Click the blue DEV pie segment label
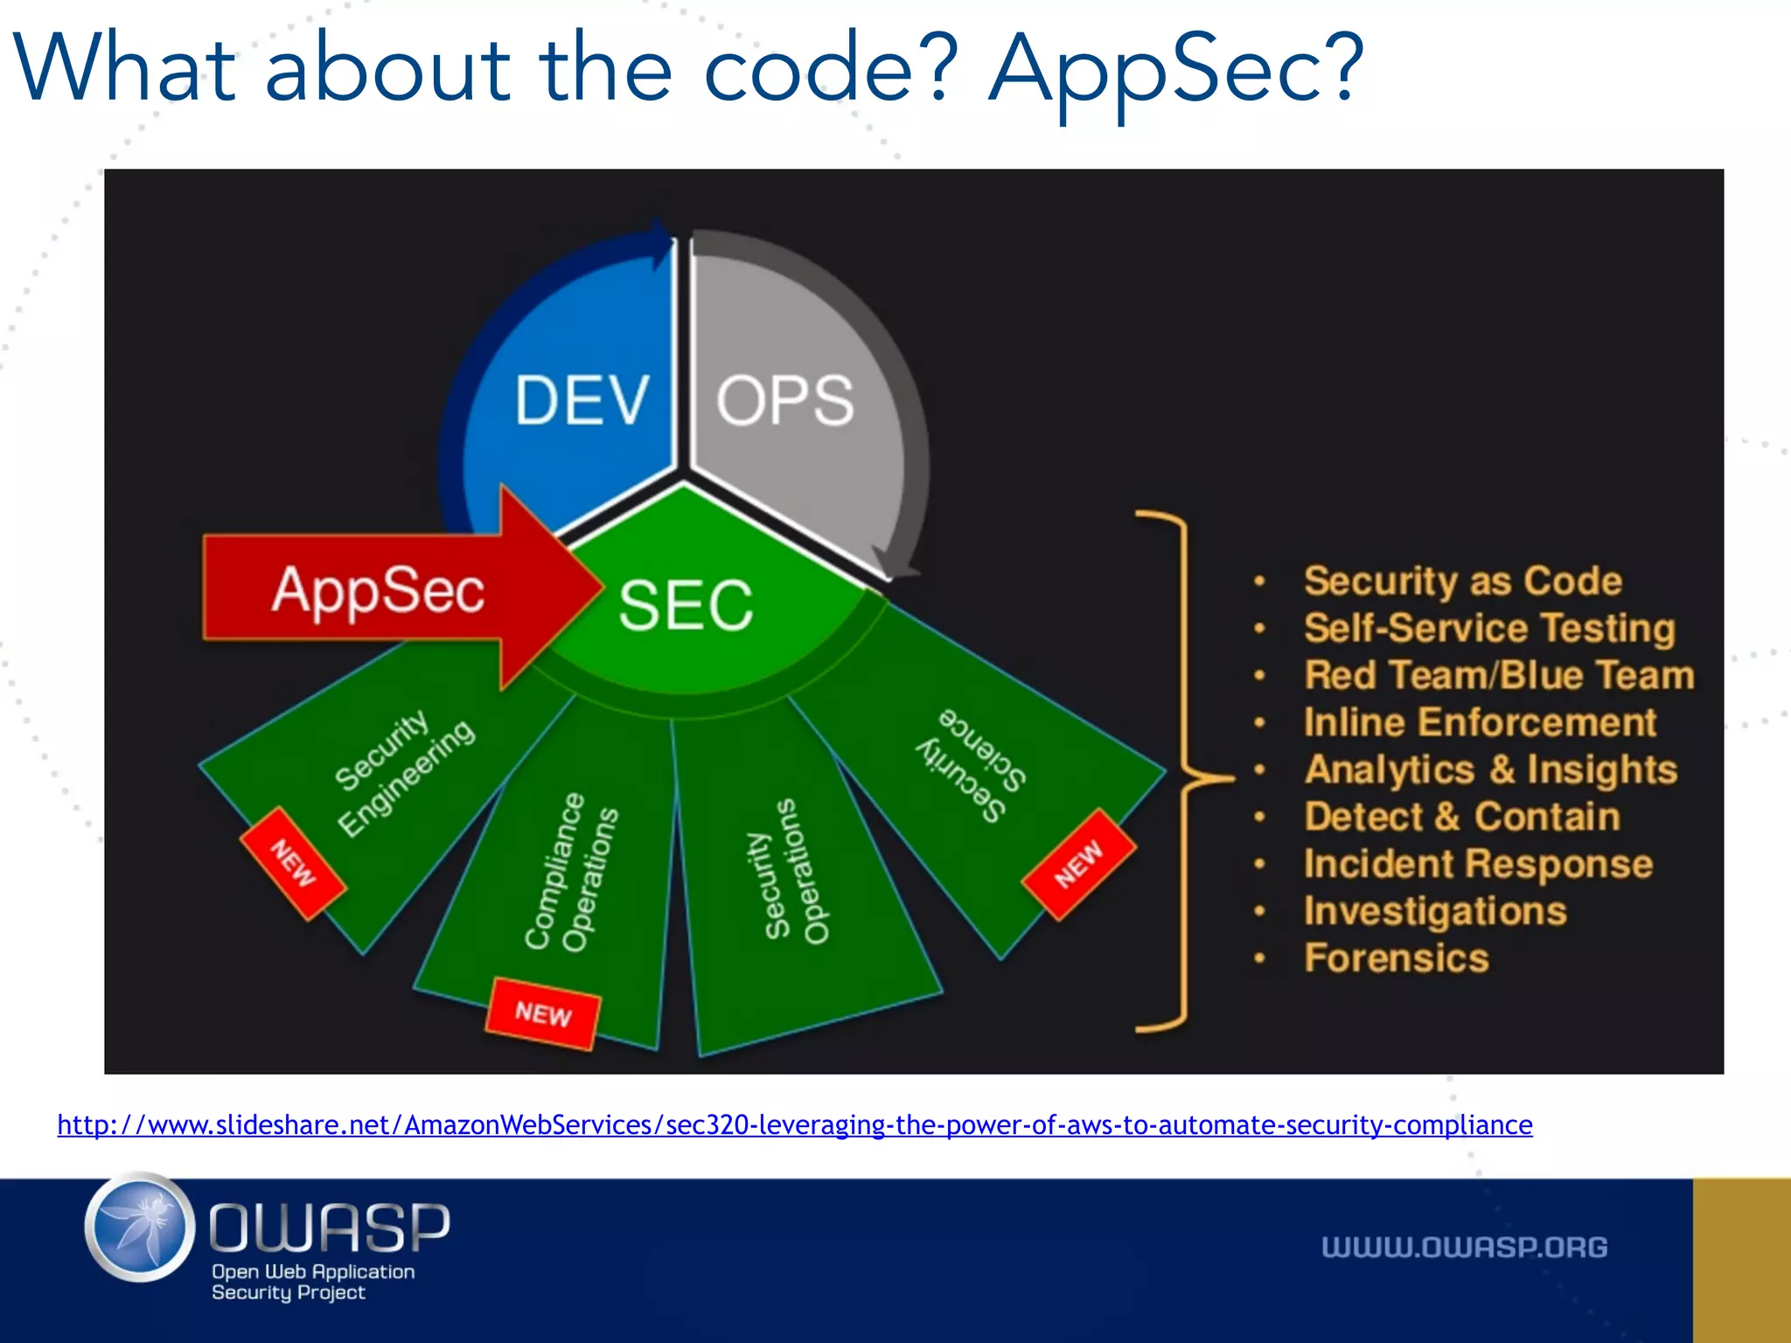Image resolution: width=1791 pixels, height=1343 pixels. pos(582,400)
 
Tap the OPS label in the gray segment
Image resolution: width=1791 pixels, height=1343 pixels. pos(784,400)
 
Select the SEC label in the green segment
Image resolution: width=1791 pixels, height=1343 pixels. pos(686,605)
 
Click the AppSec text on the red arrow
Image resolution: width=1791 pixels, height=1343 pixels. pos(378,590)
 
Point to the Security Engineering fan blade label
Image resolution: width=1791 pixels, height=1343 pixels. pos(403,771)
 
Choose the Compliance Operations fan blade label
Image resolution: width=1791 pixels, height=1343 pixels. pos(571,872)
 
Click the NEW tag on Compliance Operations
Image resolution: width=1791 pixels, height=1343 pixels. pos(543,1013)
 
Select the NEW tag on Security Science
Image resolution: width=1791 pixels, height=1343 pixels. pos(1078,864)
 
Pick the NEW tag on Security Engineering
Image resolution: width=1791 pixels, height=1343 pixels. pos(293,863)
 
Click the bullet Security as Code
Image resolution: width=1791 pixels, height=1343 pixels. pos(1462,581)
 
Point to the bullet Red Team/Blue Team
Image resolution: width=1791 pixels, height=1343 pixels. pos(1498,675)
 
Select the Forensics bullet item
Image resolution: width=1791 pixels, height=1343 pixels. pos(1396,958)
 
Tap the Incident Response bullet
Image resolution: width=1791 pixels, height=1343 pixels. pos(1478,864)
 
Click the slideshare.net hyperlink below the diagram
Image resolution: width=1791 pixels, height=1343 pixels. pos(794,1124)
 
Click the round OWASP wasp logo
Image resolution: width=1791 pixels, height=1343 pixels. pos(140,1228)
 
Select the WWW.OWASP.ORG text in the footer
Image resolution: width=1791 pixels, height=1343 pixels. pos(1464,1247)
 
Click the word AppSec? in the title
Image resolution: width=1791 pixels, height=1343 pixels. pos(1175,70)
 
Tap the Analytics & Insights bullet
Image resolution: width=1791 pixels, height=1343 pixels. pos(1490,769)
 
